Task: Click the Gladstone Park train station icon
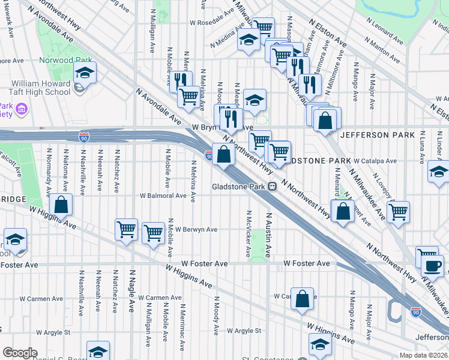click(272, 186)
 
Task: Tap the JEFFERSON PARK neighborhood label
click(377, 136)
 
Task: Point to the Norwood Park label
click(65, 61)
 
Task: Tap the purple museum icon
click(22, 110)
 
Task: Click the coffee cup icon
click(433, 265)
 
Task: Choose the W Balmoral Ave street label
click(163, 196)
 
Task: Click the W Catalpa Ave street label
click(375, 161)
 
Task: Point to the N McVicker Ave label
click(249, 226)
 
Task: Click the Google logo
click(20, 353)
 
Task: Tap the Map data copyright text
click(423, 355)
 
